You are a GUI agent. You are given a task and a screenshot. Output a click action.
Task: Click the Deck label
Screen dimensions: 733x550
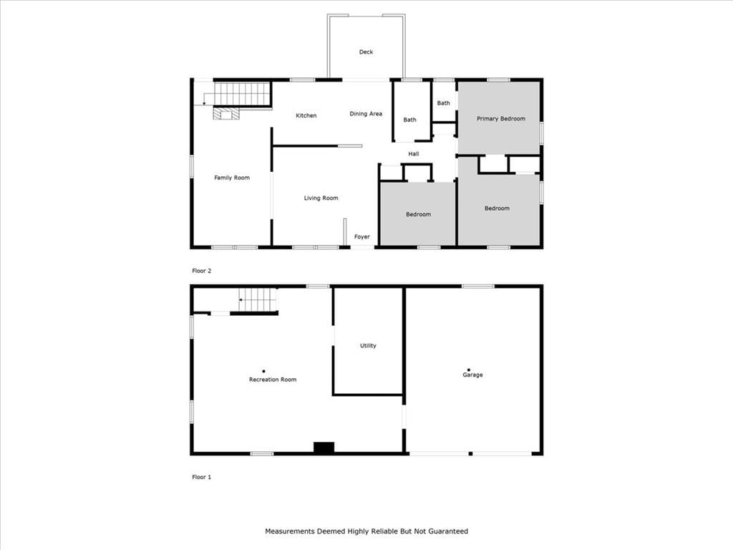pyautogui.click(x=366, y=52)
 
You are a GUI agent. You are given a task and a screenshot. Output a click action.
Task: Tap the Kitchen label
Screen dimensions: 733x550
pyautogui.click(x=306, y=115)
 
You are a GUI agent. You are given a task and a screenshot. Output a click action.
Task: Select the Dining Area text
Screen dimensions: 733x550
pyautogui.click(x=366, y=114)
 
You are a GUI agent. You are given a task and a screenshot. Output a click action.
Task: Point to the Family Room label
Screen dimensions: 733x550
pyautogui.click(x=232, y=178)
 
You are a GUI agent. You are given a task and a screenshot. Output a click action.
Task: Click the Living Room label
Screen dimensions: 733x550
pyautogui.click(x=321, y=198)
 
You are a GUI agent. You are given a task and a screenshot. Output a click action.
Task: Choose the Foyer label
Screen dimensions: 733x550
pyautogui.click(x=361, y=236)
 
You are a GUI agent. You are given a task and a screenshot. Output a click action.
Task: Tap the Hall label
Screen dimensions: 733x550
pyautogui.click(x=413, y=154)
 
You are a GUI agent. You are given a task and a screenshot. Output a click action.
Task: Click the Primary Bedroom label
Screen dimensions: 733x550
pyautogui.click(x=500, y=119)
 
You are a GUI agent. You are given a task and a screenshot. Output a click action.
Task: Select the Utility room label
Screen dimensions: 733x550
pyautogui.click(x=368, y=346)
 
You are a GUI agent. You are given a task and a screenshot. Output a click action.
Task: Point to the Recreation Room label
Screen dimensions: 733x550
pyautogui.click(x=273, y=380)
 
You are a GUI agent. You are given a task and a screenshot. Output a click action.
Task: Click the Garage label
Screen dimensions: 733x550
pyautogui.click(x=472, y=375)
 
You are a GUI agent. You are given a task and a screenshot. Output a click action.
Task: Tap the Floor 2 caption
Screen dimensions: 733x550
pyautogui.click(x=201, y=271)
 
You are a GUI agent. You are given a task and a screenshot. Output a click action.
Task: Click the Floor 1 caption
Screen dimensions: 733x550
pyautogui.click(x=201, y=477)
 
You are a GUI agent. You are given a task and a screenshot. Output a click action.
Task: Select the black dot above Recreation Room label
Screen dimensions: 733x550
pyautogui.click(x=263, y=372)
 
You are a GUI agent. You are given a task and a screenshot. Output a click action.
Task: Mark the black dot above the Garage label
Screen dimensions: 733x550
pyautogui.click(x=468, y=370)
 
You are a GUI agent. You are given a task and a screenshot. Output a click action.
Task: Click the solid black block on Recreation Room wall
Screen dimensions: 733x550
pyautogui.click(x=324, y=448)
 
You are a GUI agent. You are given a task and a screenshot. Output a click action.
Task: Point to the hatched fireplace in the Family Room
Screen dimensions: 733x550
pyautogui.click(x=226, y=114)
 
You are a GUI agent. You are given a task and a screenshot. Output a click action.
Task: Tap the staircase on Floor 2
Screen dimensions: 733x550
pyautogui.click(x=242, y=94)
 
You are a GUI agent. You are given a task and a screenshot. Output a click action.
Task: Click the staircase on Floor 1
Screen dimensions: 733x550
pyautogui.click(x=258, y=300)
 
